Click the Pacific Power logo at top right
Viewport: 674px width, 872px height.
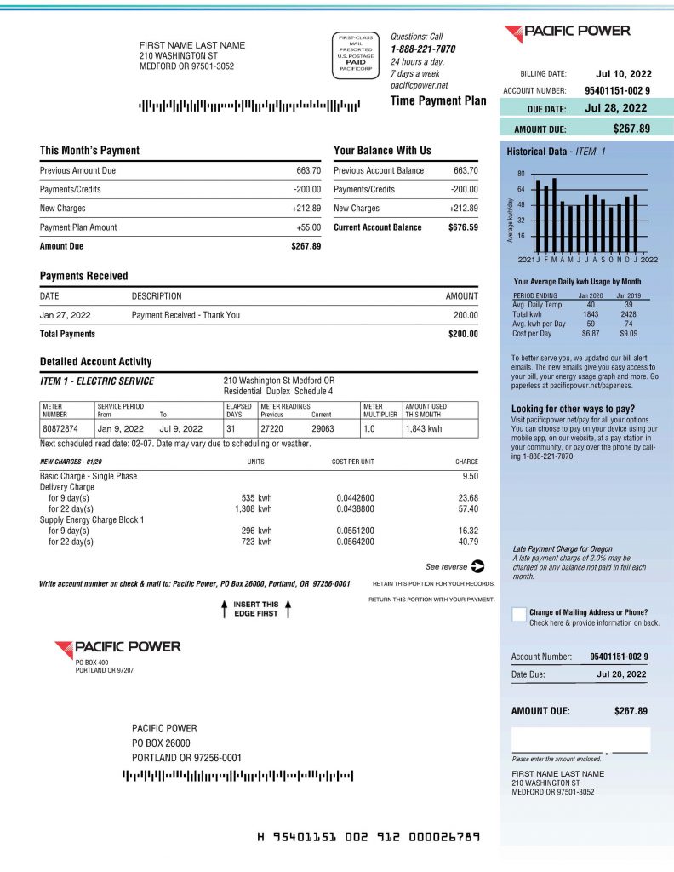pyautogui.click(x=567, y=32)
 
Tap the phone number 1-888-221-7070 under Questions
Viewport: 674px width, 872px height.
pyautogui.click(x=422, y=49)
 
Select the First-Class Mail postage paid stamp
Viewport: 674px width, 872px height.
pyautogui.click(x=356, y=55)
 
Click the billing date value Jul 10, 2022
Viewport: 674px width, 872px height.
pyautogui.click(x=624, y=74)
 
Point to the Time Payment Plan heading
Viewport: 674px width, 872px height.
pyautogui.click(x=438, y=100)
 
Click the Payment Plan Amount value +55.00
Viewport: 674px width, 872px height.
pyautogui.click(x=306, y=227)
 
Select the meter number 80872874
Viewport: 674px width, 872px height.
pyautogui.click(x=60, y=429)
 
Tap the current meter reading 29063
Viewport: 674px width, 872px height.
pyautogui.click(x=323, y=429)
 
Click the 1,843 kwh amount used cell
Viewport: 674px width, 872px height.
pyautogui.click(x=424, y=429)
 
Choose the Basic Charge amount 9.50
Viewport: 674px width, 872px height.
pyautogui.click(x=467, y=476)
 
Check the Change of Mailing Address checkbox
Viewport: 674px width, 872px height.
pyautogui.click(x=518, y=615)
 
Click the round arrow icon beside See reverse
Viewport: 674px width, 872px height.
pyautogui.click(x=477, y=565)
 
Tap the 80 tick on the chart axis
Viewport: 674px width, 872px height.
pyautogui.click(x=521, y=174)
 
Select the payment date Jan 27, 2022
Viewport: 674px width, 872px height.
pyautogui.click(x=65, y=315)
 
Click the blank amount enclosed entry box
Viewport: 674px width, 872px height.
pyautogui.click(x=580, y=739)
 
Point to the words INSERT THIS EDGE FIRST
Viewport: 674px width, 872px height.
pyautogui.click(x=255, y=609)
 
